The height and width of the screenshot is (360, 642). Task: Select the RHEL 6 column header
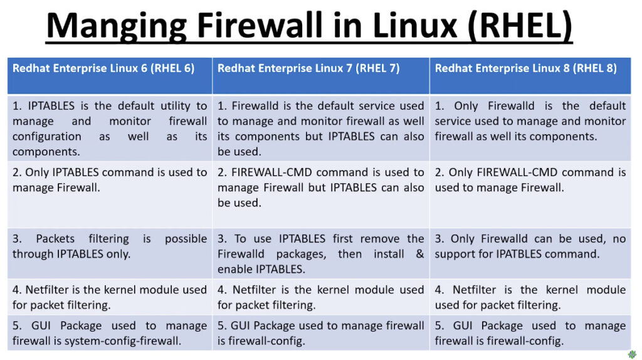pos(110,76)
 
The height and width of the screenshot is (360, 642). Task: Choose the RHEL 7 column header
pos(321,76)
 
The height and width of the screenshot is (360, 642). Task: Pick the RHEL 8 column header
pos(530,76)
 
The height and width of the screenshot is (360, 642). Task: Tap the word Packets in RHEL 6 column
pos(55,239)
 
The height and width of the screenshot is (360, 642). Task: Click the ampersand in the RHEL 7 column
pos(419,254)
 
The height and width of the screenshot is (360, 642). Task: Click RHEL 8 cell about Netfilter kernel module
pos(530,297)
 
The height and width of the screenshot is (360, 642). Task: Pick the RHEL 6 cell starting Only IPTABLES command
pos(110,195)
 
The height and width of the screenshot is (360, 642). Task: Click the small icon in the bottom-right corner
pos(633,354)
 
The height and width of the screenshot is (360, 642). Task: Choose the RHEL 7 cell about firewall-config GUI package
pos(321,333)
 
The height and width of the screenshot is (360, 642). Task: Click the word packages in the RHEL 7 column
pos(301,255)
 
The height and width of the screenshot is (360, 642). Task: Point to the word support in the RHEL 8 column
pos(455,255)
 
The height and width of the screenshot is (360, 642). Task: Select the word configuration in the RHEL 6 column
pos(46,137)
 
